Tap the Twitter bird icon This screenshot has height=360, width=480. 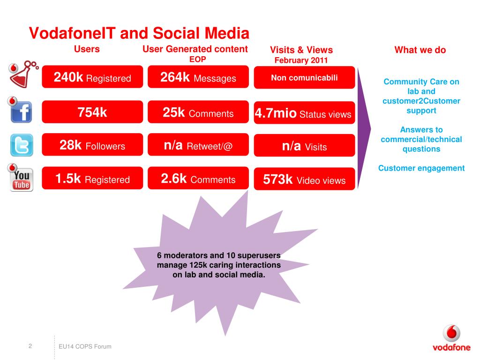click(22, 145)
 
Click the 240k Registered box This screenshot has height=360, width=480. click(92, 77)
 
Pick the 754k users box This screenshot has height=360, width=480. click(92, 112)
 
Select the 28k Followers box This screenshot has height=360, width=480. click(92, 145)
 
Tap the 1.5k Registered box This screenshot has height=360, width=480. click(92, 179)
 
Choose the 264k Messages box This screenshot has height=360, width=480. click(198, 77)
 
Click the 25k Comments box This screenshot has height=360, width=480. click(198, 112)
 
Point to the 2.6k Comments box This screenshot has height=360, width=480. click(198, 179)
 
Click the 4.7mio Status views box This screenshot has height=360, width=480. click(304, 113)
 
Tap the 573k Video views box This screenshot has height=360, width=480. click(304, 180)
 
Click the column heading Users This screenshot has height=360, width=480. click(87, 49)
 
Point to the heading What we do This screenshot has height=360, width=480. click(420, 50)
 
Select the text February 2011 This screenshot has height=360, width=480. click(301, 60)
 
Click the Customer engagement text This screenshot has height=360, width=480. click(421, 168)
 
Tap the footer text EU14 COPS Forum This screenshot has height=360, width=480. click(85, 346)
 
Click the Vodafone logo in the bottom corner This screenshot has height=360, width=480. click(451, 339)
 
